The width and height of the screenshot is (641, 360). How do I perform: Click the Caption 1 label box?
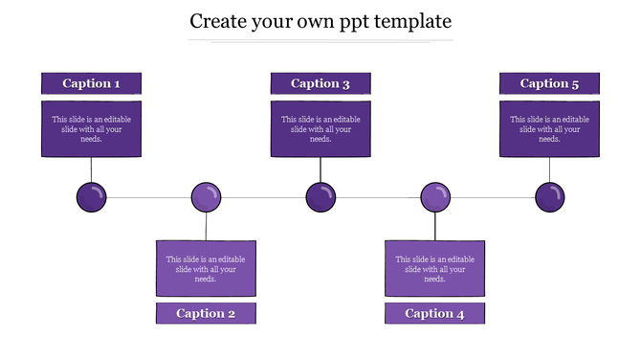click(x=91, y=83)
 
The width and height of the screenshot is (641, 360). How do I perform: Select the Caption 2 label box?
click(x=206, y=313)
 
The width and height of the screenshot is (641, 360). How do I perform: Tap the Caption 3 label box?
click(x=320, y=83)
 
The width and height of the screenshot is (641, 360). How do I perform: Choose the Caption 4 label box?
click(x=435, y=313)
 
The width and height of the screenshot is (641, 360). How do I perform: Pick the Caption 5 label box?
click(x=550, y=83)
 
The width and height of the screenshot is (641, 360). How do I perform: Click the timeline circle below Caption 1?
click(x=91, y=197)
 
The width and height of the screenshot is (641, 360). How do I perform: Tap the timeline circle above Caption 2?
click(x=206, y=197)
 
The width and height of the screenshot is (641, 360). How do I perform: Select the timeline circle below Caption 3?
click(x=320, y=197)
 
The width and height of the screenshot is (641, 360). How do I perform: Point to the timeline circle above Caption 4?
click(x=435, y=197)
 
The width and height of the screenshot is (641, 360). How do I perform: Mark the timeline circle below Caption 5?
click(x=550, y=197)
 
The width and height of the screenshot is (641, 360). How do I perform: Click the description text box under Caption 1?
click(x=91, y=128)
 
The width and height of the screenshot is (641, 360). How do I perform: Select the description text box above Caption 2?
click(x=206, y=268)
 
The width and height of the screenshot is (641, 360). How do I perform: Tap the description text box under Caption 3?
click(x=320, y=128)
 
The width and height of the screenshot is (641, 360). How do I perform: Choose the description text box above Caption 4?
click(x=435, y=268)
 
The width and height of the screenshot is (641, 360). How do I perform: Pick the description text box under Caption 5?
click(x=550, y=128)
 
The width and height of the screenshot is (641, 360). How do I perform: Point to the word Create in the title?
click(x=219, y=20)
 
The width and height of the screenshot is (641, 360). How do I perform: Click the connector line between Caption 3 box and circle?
click(x=320, y=169)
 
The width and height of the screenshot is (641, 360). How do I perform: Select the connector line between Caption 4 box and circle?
click(x=435, y=226)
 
